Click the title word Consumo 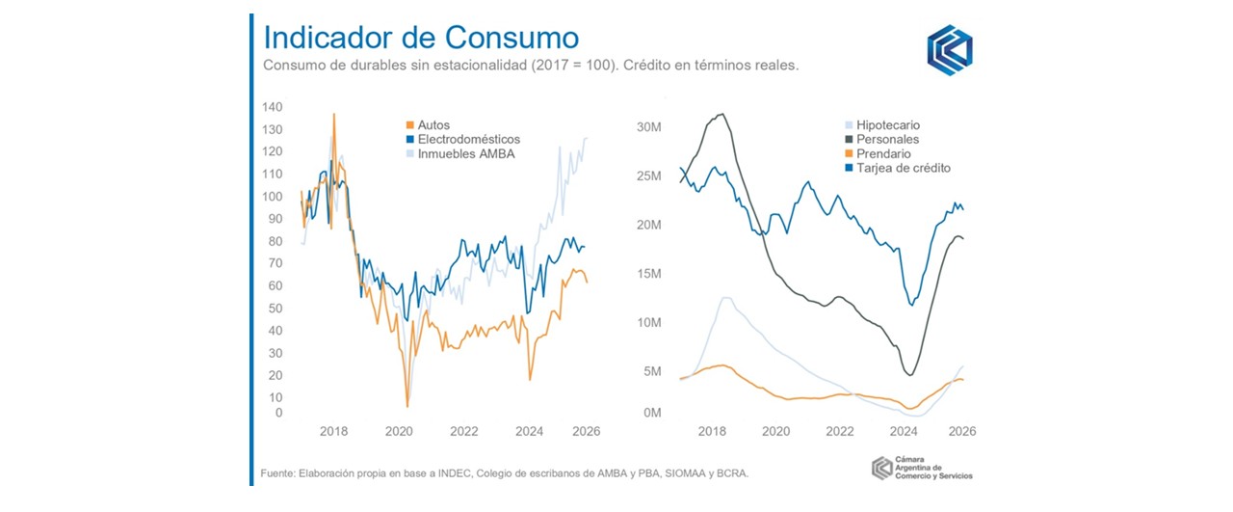click(x=512, y=38)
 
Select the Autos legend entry click(x=433, y=125)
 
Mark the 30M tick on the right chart click(x=647, y=127)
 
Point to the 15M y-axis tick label click(x=647, y=274)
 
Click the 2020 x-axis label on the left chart click(x=398, y=431)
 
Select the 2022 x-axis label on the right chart click(x=840, y=431)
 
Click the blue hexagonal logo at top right click(x=949, y=50)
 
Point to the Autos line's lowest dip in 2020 click(x=407, y=406)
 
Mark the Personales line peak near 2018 click(x=720, y=114)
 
